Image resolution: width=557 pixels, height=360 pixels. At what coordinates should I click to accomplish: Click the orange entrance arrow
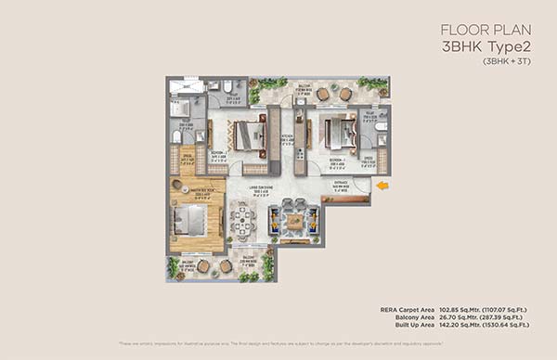click(382, 186)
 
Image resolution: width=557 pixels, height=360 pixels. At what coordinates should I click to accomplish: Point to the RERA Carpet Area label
click(408, 309)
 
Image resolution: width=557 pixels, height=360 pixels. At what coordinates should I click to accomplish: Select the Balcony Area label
click(415, 317)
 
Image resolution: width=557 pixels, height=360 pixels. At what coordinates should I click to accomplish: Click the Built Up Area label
click(414, 326)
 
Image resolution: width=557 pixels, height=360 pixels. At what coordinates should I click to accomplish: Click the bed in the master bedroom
click(190, 220)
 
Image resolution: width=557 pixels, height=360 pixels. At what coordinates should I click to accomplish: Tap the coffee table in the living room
click(294, 221)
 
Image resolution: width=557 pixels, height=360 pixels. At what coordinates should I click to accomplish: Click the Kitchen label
click(288, 137)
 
